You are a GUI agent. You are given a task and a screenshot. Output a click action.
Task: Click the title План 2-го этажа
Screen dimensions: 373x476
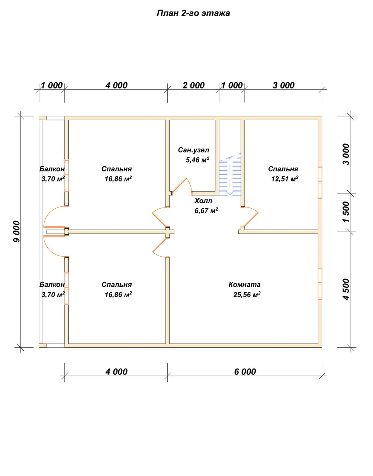[x=193, y=13]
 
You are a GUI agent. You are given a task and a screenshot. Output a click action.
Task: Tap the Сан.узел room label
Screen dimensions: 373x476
[x=193, y=150]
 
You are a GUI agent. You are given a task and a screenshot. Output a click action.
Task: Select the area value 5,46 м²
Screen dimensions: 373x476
[x=197, y=160]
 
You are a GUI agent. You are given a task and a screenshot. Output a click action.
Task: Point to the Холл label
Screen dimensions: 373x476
[x=203, y=201]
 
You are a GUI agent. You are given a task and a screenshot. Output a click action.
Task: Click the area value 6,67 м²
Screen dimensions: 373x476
[x=206, y=210]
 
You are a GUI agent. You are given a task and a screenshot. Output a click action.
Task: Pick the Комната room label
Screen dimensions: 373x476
[x=244, y=284]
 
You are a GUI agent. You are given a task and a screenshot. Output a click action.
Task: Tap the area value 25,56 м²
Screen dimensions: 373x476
[x=247, y=295]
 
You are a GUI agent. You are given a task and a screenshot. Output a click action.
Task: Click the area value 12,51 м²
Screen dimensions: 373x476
[x=285, y=179]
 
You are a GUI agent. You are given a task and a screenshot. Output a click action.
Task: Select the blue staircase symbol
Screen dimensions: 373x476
[x=230, y=174]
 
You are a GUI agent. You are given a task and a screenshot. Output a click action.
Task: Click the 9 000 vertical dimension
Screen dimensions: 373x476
[x=17, y=232]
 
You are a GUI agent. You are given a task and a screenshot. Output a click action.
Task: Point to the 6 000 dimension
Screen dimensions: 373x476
[x=245, y=372]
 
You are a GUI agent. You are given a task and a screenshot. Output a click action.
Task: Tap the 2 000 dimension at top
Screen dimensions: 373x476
[x=194, y=85]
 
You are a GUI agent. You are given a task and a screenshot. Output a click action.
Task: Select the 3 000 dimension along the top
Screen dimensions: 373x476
[x=283, y=85]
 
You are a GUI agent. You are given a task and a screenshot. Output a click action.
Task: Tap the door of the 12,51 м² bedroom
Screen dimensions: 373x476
[x=250, y=217]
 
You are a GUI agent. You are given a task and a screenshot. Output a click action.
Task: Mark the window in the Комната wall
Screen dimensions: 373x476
[x=320, y=283]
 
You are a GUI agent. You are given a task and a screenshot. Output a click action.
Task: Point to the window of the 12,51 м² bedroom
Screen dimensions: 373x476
[x=320, y=182]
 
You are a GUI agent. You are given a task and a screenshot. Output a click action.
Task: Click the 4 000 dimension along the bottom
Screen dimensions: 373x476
[x=116, y=372]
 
